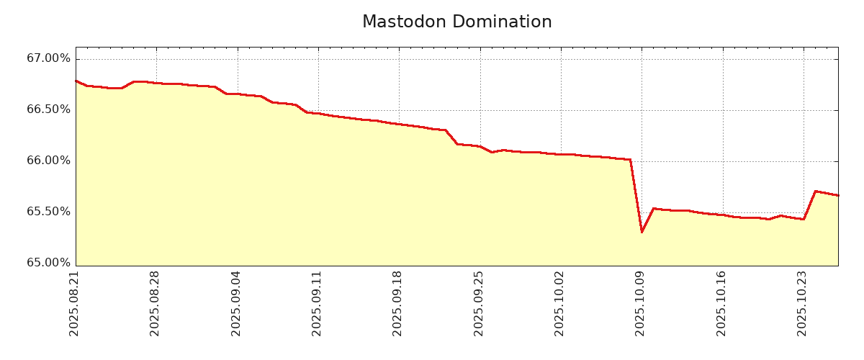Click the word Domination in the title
[x=505, y=22]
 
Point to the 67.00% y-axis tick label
[x=49, y=58]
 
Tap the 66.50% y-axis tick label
[x=49, y=109]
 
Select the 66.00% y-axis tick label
[x=49, y=161]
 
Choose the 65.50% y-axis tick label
[x=49, y=212]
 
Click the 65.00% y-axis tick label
[x=49, y=263]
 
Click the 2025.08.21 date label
[x=74, y=303]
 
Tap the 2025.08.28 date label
[x=155, y=303]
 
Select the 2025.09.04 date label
[x=236, y=303]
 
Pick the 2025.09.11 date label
[x=317, y=303]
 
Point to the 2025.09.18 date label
[x=397, y=303]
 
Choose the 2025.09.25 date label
[x=479, y=303]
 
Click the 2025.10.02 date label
[x=559, y=303]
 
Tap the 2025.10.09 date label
[x=640, y=303]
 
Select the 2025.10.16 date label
[x=721, y=303]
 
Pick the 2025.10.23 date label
[x=802, y=303]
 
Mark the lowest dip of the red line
[x=642, y=232]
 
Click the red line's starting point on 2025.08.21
[x=76, y=81]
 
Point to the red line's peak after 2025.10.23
[x=815, y=191]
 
